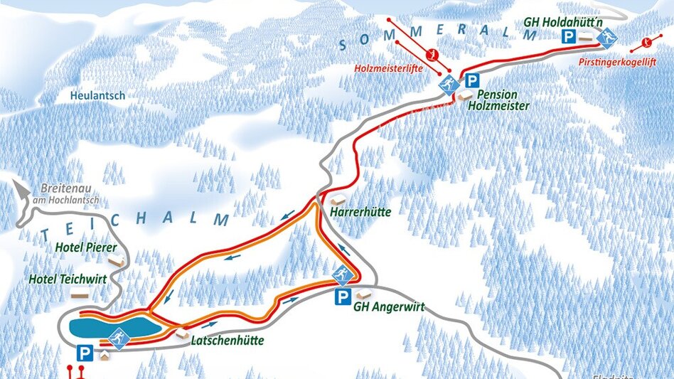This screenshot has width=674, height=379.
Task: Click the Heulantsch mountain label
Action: [x=98, y=95]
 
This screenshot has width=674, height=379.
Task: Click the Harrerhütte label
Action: [x=360, y=212]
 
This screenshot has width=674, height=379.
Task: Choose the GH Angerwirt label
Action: [x=389, y=307]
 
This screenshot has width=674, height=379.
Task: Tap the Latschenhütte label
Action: [x=228, y=341]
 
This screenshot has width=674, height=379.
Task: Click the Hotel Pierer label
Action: [x=86, y=248]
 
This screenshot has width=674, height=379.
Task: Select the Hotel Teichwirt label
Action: [x=68, y=279]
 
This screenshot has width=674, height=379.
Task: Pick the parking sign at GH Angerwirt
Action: [x=343, y=297]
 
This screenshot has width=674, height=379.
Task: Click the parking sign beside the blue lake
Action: [x=85, y=353]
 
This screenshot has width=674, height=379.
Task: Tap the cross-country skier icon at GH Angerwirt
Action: [x=343, y=274]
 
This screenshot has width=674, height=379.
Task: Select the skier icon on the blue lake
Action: [x=119, y=338]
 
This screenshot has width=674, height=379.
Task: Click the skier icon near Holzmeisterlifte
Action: [x=447, y=87]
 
